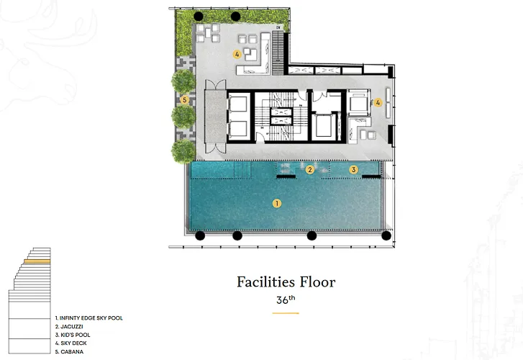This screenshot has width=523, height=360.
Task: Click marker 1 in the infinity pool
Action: click(276, 203)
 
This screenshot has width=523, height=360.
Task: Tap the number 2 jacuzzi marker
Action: click(310, 170)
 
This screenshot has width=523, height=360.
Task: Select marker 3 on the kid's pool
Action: click(353, 170)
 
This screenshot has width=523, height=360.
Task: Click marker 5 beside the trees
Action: click(184, 99)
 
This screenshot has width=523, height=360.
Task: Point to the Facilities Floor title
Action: click(286, 282)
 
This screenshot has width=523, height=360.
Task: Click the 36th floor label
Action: click(286, 300)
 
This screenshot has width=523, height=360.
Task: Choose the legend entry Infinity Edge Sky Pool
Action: click(89, 318)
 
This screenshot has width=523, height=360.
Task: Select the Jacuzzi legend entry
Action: click(69, 326)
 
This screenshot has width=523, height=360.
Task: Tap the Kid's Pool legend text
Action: click(73, 335)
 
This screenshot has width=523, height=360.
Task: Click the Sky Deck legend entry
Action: click(71, 343)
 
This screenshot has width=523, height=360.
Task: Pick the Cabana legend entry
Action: click(69, 351)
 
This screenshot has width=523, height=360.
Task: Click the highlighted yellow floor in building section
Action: click(37, 261)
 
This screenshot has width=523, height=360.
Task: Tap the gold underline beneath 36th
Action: click(286, 313)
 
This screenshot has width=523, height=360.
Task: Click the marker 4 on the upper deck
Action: click(237, 54)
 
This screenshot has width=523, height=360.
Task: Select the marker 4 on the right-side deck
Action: click(378, 102)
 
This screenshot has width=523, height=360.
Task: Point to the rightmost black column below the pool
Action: click(386, 235)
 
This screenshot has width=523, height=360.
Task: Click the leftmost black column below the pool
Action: click(200, 235)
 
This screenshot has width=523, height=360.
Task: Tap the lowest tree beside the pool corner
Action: click(183, 151)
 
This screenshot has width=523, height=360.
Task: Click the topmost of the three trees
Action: click(183, 81)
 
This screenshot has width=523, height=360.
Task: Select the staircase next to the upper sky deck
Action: click(278, 53)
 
